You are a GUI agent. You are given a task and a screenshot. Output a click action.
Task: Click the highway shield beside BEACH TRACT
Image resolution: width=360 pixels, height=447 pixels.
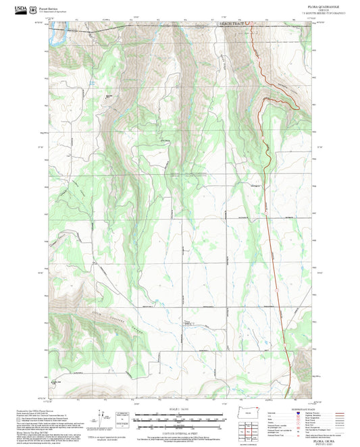click(x=247, y=22)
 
